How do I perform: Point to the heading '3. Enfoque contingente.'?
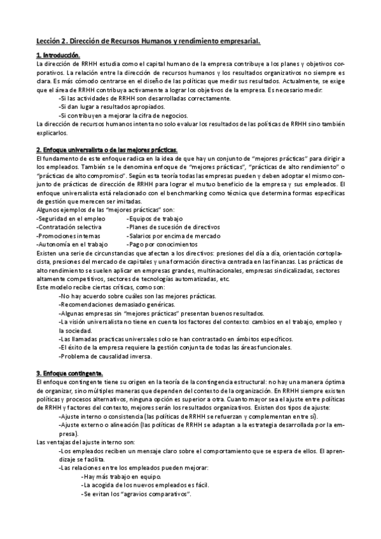pos(69,372)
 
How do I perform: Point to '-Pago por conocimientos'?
pos(162,244)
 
